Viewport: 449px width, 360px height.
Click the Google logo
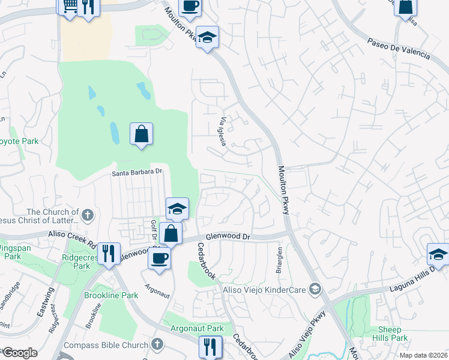[19, 353]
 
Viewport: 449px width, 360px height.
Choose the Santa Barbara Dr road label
[137, 172]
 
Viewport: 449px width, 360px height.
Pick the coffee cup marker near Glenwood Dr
[159, 258]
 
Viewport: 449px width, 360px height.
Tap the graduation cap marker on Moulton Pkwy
[208, 38]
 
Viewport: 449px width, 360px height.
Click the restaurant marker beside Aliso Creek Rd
[109, 253]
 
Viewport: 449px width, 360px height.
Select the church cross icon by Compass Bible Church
[157, 344]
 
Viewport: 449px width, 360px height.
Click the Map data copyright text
[424, 355]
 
